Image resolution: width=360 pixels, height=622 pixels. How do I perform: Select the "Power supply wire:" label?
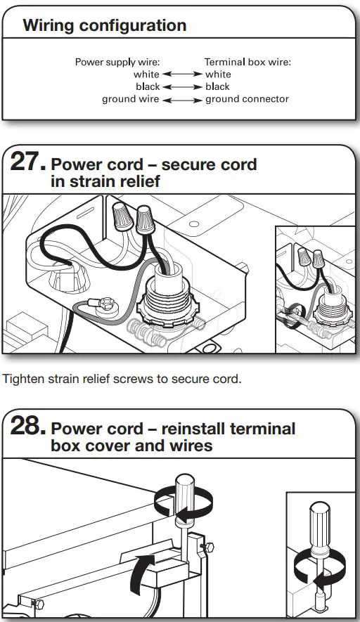(117, 62)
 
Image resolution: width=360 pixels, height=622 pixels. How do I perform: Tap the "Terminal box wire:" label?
(247, 62)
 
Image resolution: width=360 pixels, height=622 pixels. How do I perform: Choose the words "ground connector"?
(247, 100)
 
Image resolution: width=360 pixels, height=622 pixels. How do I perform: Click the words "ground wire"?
(130, 100)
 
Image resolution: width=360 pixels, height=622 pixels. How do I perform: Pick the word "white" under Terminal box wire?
(218, 74)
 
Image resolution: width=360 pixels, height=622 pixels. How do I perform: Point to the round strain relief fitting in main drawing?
(167, 299)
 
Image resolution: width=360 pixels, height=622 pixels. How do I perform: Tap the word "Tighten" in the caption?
(23, 380)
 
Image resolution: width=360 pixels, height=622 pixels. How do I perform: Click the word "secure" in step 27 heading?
(185, 165)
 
